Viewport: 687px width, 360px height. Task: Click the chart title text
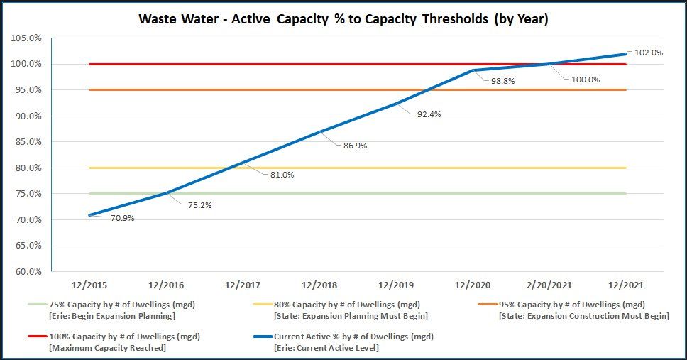click(x=343, y=19)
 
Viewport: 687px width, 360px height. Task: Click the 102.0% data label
click(x=649, y=52)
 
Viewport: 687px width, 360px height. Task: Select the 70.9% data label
click(x=122, y=218)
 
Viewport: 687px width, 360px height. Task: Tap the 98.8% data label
click(x=502, y=81)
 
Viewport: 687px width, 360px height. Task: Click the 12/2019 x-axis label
click(x=395, y=285)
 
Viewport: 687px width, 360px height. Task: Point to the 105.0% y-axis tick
click(x=27, y=38)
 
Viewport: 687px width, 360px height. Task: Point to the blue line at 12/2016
click(x=166, y=193)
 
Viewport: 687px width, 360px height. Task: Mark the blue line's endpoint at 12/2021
click(x=625, y=54)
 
